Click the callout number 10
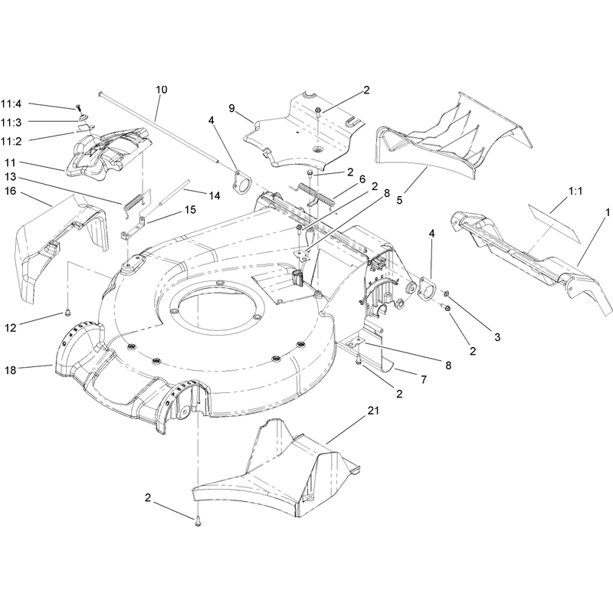click(162, 90)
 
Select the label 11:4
click(11, 104)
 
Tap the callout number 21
click(373, 411)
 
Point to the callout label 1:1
click(575, 191)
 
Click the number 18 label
click(11, 370)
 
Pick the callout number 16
click(11, 191)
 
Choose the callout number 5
click(399, 200)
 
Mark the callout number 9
click(232, 108)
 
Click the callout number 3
click(497, 337)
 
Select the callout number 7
click(424, 379)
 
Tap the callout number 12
click(11, 328)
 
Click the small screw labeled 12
click(68, 312)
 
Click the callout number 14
click(215, 195)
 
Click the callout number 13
click(11, 177)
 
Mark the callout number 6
click(362, 179)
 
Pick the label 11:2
click(11, 142)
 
